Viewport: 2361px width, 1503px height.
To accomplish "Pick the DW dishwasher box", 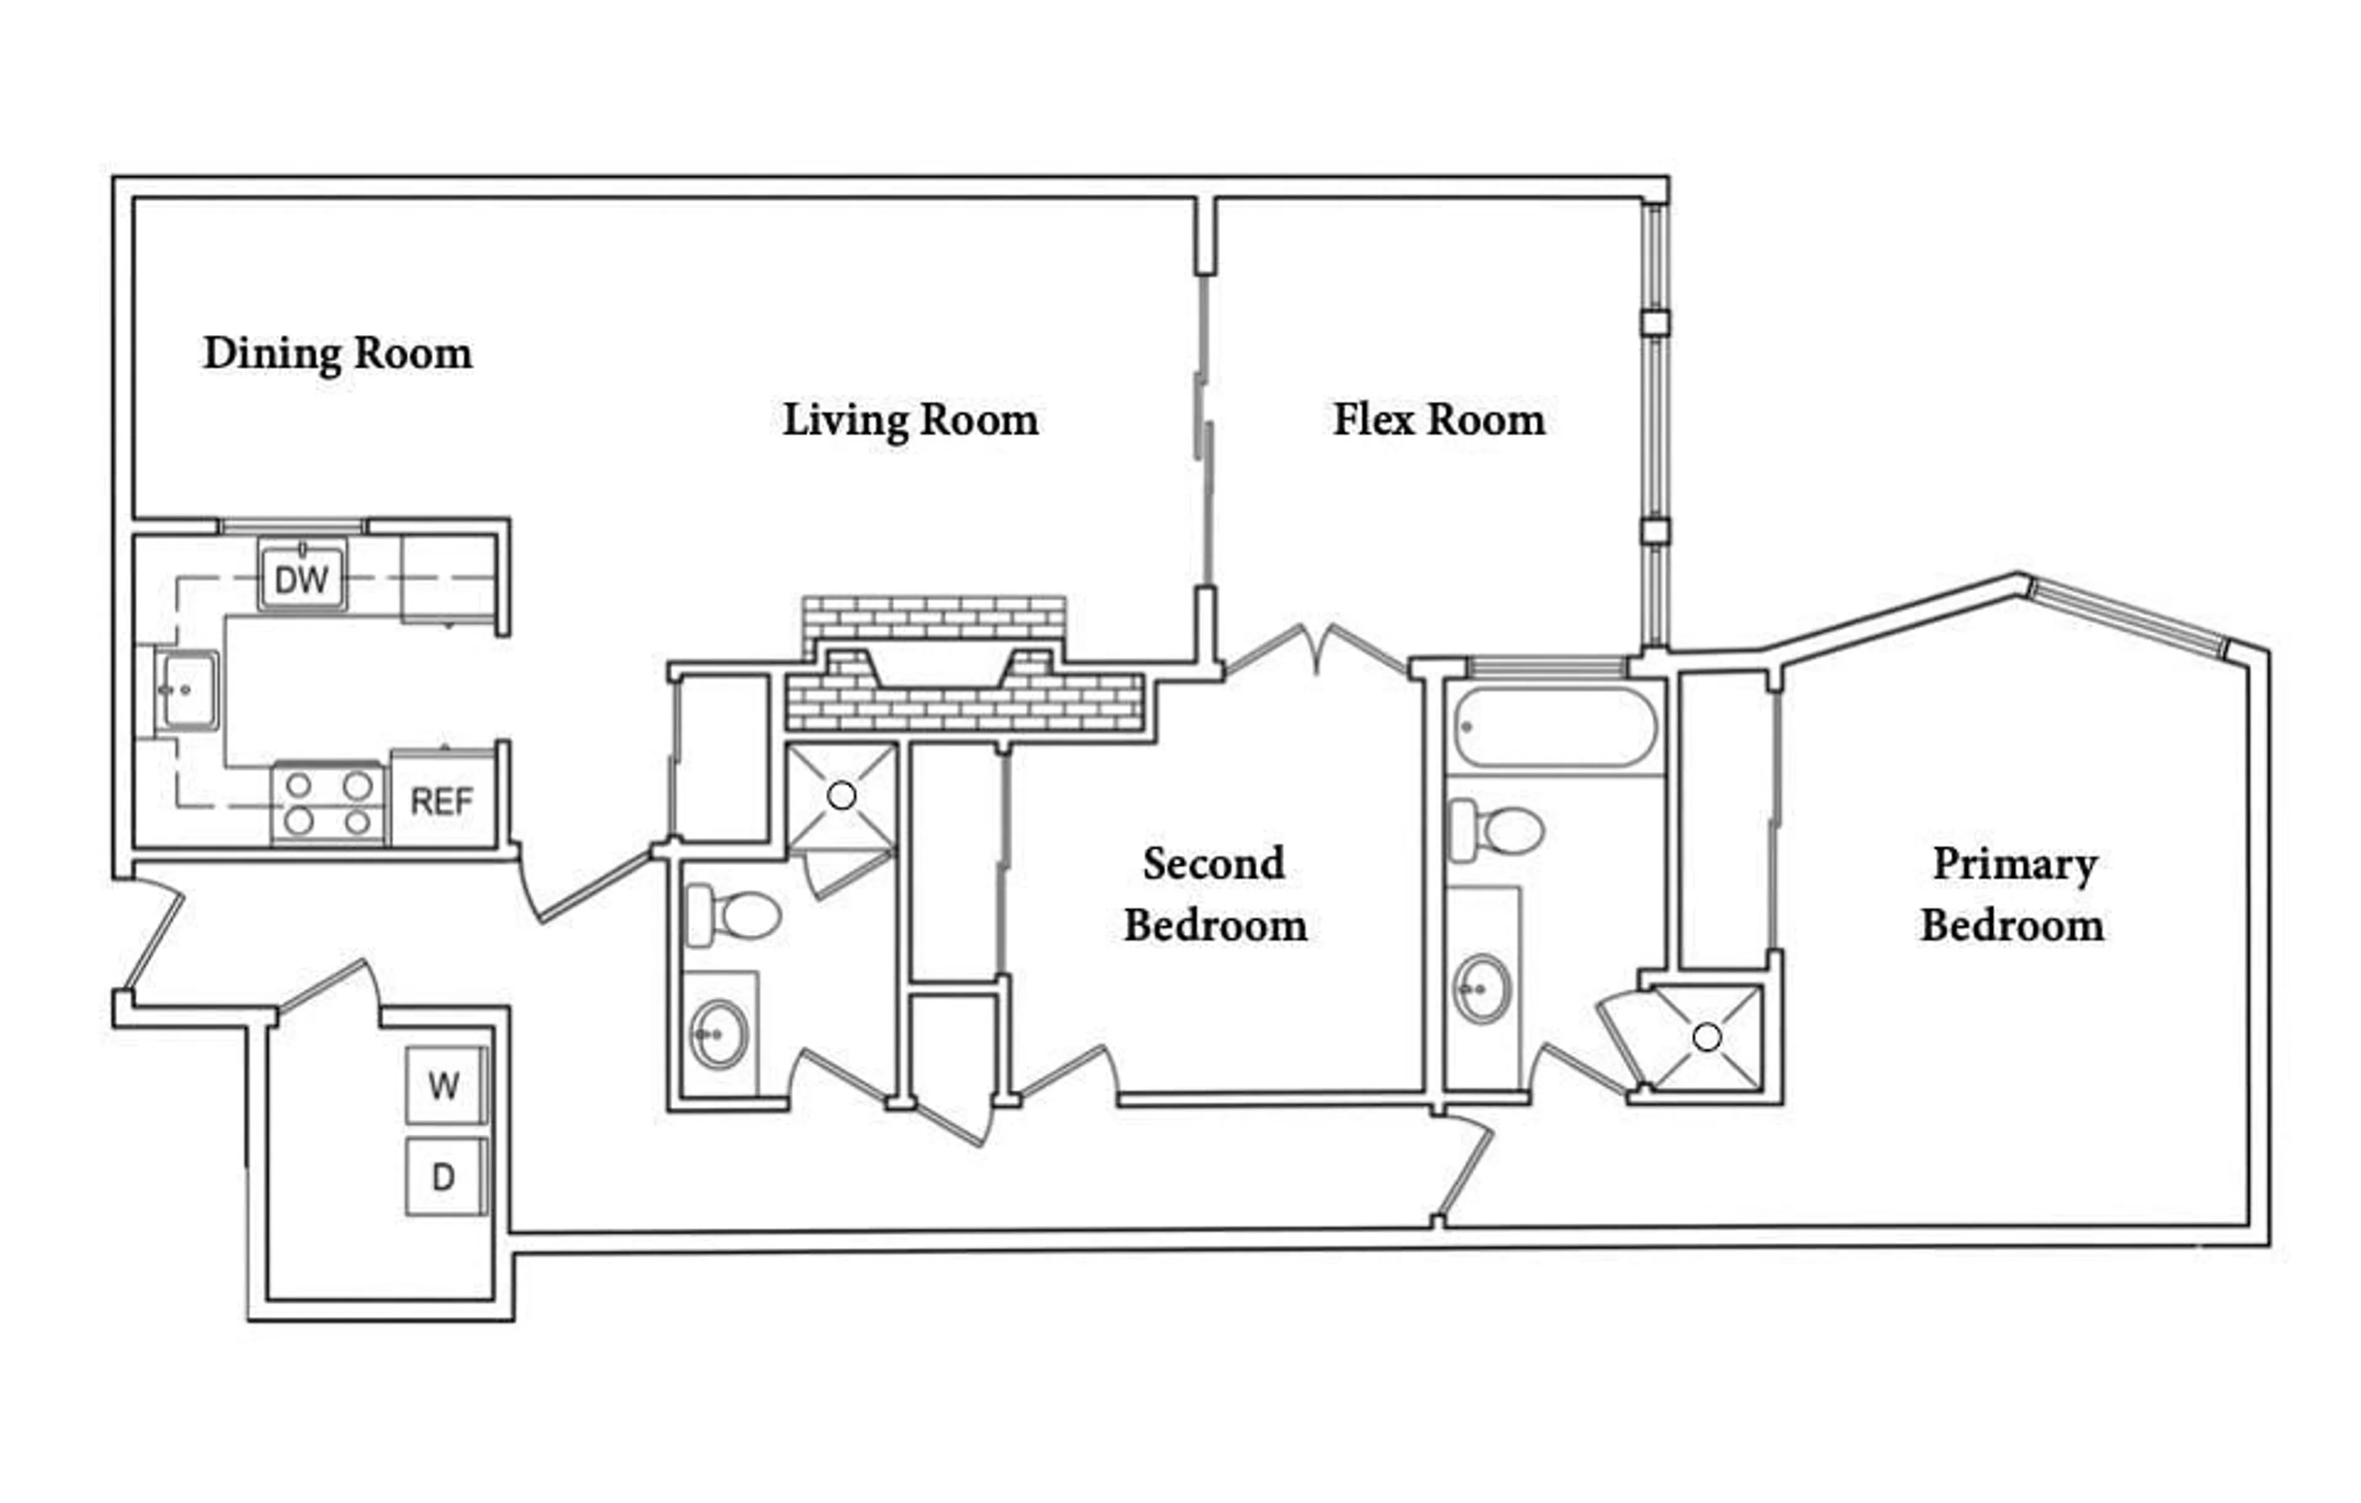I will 302,579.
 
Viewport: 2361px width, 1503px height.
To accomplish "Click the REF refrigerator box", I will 441,802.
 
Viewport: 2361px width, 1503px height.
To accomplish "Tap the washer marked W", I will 444,1085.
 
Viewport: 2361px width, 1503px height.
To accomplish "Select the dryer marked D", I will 444,1176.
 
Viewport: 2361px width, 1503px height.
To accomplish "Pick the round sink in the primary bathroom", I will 1481,989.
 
